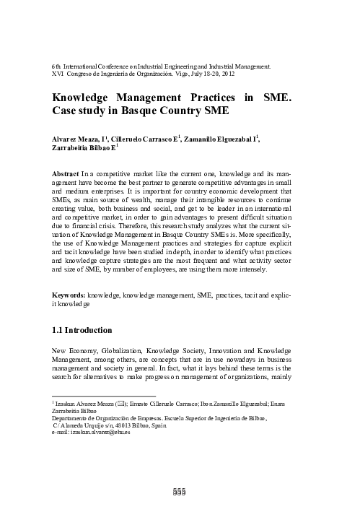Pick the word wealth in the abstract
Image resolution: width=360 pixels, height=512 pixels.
(x=136, y=204)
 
